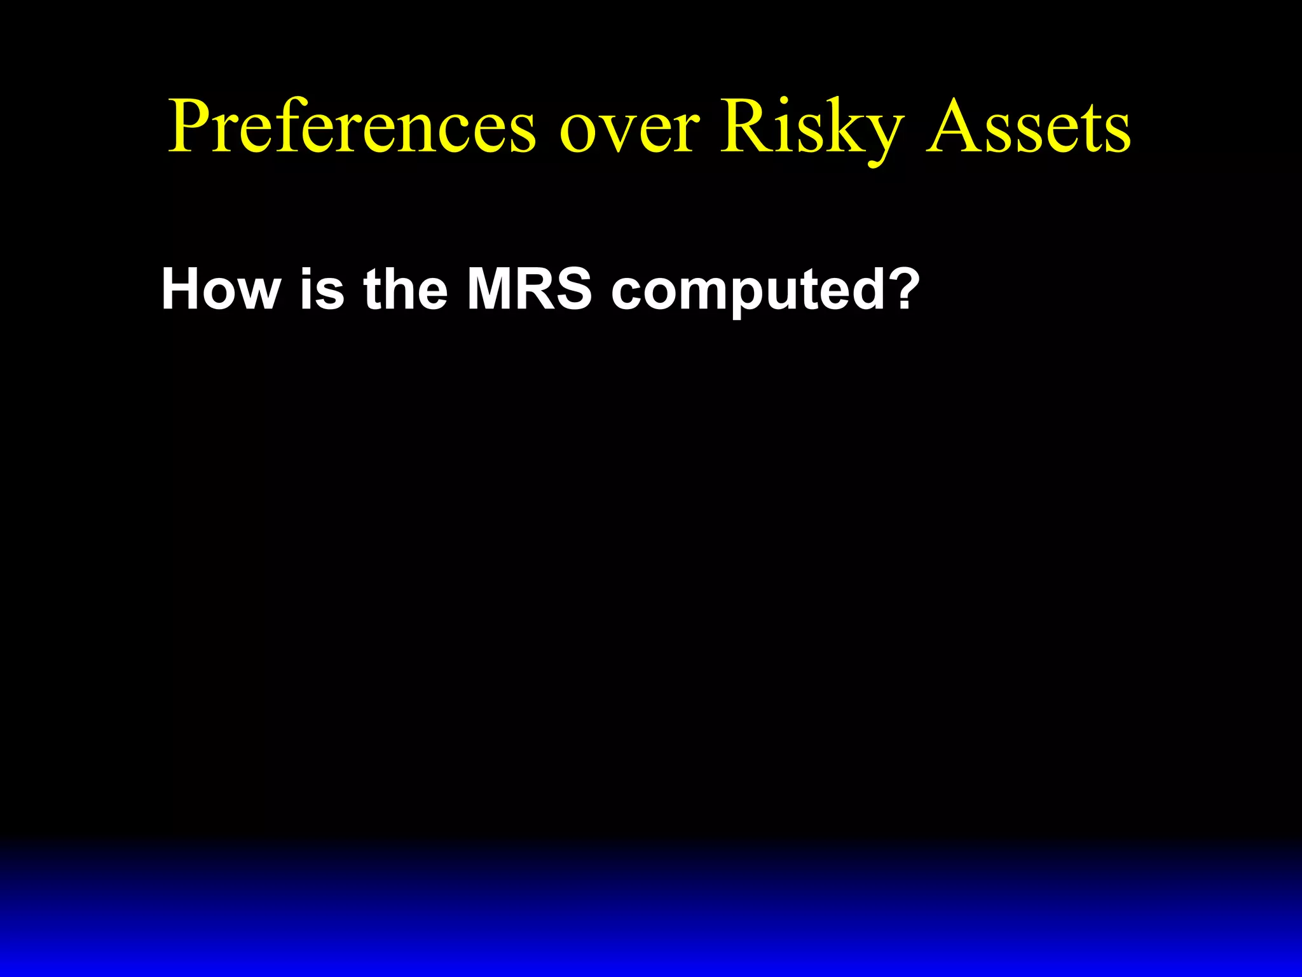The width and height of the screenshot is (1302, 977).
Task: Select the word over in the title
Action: point(629,130)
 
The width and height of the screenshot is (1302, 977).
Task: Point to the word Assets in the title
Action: point(1029,127)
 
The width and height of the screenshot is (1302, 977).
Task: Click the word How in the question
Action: point(221,289)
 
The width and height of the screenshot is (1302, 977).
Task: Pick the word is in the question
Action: point(322,289)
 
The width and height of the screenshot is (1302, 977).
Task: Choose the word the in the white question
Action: point(406,289)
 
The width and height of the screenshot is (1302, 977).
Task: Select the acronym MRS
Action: point(529,289)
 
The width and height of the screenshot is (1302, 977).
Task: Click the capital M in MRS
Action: point(491,289)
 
